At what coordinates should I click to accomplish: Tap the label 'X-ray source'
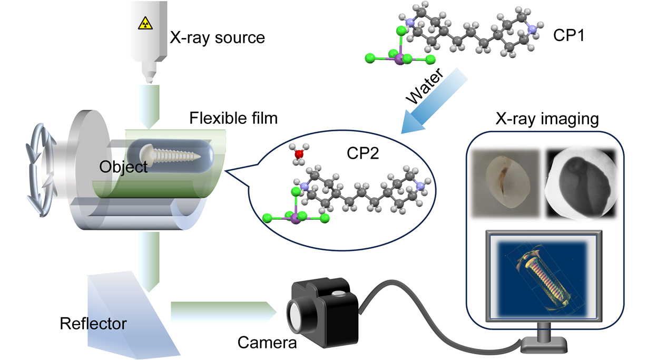point(217,37)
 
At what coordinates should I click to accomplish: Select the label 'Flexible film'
point(233,118)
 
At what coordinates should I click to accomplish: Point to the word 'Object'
point(124,167)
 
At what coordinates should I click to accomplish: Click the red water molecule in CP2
point(299,154)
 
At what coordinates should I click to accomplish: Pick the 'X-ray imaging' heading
point(547,119)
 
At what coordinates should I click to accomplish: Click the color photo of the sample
point(505,183)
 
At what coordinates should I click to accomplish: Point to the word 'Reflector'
point(93,323)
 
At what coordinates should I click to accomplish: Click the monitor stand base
point(544,347)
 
